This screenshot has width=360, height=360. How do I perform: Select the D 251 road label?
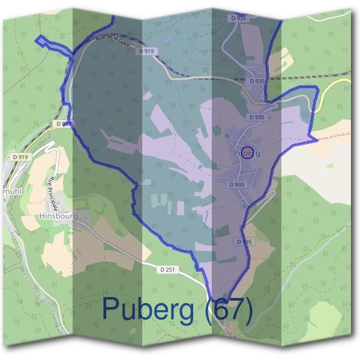pos(167,270)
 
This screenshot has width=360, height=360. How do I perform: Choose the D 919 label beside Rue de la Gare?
pos(146,52)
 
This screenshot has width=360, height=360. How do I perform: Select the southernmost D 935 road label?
pos(245,241)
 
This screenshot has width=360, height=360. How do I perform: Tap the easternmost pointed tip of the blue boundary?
pos(316,137)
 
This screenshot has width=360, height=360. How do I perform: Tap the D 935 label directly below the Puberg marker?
pos(236,185)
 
